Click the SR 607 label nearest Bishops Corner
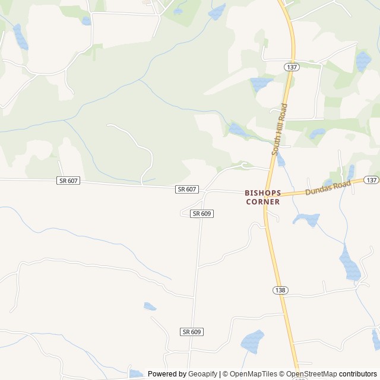point(186,189)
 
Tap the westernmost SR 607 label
point(68,180)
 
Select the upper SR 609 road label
point(202,213)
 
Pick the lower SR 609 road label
point(191,332)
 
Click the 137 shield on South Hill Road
point(291,67)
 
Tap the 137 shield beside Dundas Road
point(372,180)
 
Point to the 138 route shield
point(281,290)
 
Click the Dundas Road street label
point(328,188)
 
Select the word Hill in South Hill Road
point(279,129)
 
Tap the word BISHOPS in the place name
point(263,193)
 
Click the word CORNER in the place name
point(263,202)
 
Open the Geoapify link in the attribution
point(204,374)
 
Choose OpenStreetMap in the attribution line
point(311,374)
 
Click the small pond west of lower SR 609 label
point(150,306)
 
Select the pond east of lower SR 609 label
point(252,340)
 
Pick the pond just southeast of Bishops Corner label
point(306,220)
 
